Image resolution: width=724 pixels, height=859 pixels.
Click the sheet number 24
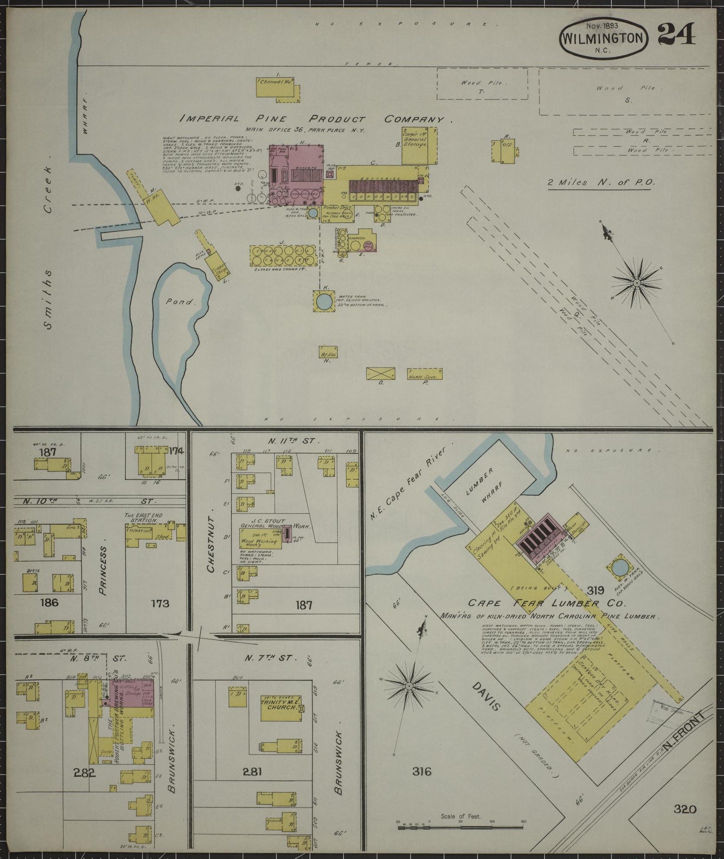(676, 35)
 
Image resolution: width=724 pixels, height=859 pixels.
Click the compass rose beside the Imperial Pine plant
(636, 283)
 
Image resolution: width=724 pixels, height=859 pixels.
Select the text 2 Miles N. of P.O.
(601, 183)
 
